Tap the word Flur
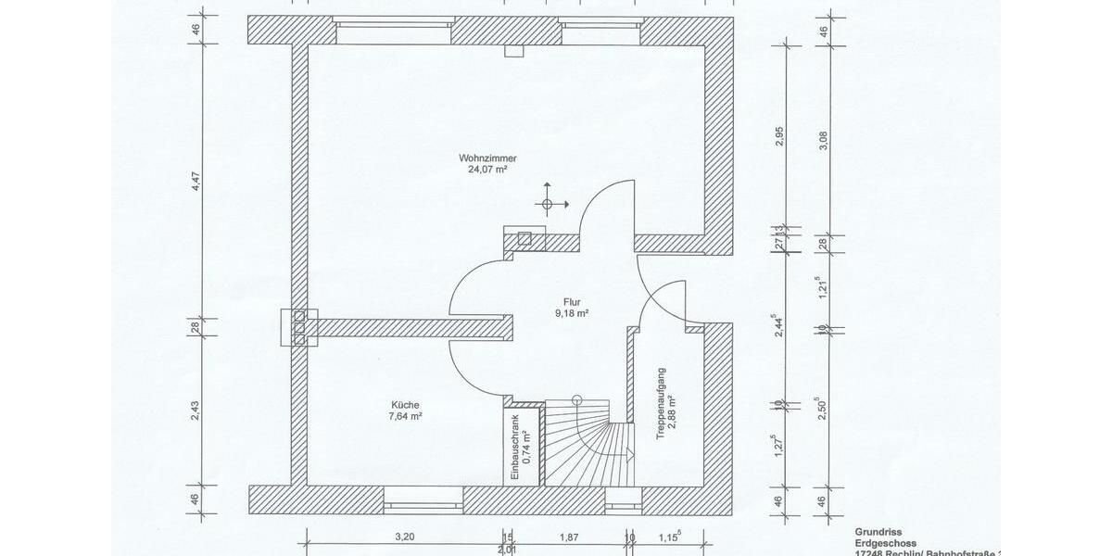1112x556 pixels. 572,301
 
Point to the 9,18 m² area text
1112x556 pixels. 572,313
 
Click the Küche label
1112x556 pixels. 406,405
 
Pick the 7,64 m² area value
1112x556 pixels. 406,417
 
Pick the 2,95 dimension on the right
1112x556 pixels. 779,136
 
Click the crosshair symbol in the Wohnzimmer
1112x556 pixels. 547,203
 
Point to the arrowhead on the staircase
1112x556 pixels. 629,455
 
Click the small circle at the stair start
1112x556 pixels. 576,400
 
